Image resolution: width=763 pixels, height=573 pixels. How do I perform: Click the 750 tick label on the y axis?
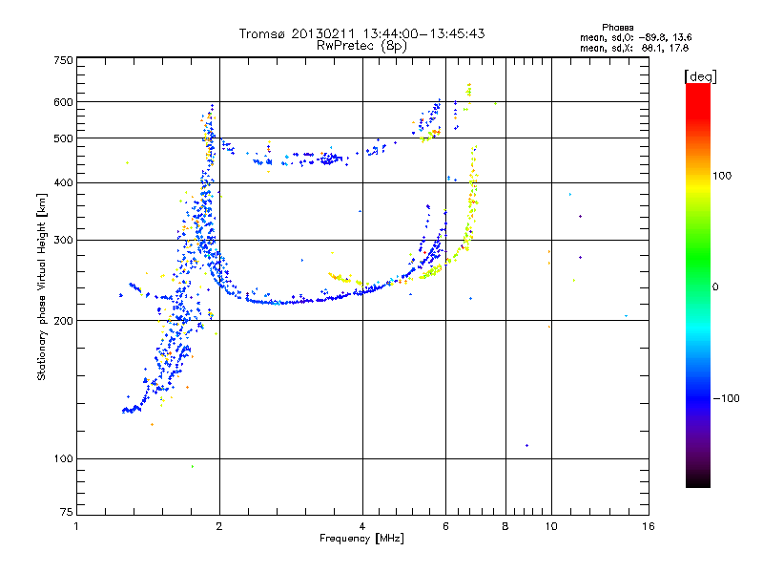pyautogui.click(x=63, y=60)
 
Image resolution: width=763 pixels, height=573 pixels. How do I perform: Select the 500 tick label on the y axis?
pyautogui.click(x=63, y=138)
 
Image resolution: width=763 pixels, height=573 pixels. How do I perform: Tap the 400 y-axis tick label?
pyautogui.click(x=63, y=182)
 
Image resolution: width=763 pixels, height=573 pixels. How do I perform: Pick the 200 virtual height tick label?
pyautogui.click(x=63, y=321)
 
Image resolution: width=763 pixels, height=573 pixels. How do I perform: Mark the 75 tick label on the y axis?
pyautogui.click(x=66, y=513)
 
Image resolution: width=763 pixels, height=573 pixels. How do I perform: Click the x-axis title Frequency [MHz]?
pyautogui.click(x=361, y=539)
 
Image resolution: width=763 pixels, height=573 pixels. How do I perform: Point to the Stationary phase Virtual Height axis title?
pyautogui.click(x=42, y=286)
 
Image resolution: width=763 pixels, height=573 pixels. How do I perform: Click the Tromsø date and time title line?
pyautogui.click(x=361, y=33)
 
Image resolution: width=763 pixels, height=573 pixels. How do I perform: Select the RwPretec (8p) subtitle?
pyautogui.click(x=361, y=45)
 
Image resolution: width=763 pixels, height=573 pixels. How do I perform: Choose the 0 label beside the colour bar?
pyautogui.click(x=715, y=286)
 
